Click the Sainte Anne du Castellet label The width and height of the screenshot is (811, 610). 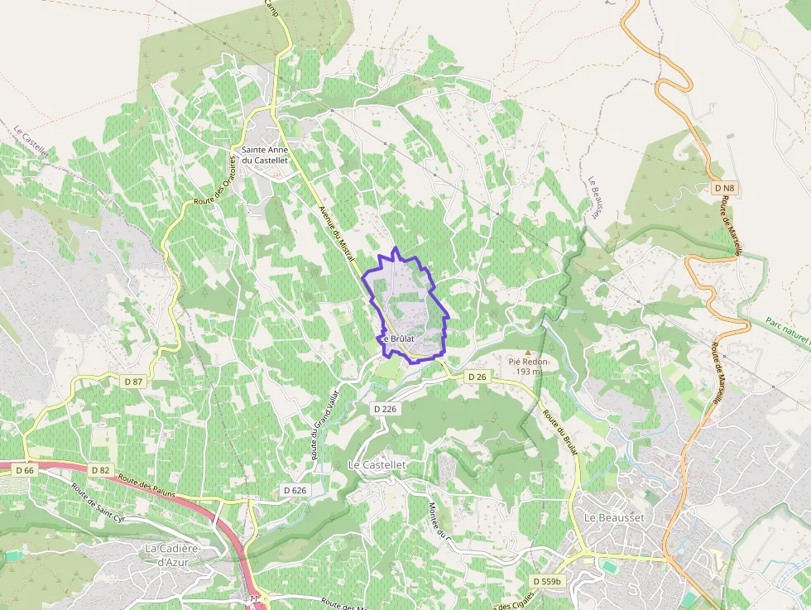click(264, 155)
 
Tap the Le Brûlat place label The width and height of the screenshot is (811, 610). click(397, 339)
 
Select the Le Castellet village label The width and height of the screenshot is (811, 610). click(377, 465)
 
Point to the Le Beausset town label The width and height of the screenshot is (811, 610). click(614, 516)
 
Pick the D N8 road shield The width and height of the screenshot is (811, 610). click(723, 189)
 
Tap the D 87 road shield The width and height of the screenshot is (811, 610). click(133, 381)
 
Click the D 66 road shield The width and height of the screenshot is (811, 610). click(26, 470)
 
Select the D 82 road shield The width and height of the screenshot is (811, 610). click(100, 470)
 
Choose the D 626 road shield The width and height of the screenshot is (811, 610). click(295, 490)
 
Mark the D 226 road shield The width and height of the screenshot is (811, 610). click(386, 409)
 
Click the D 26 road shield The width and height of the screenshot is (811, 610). click(476, 377)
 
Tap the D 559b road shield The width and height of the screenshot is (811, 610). click(546, 582)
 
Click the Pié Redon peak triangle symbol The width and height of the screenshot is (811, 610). click(528, 353)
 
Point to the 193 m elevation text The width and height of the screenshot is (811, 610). click(528, 372)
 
